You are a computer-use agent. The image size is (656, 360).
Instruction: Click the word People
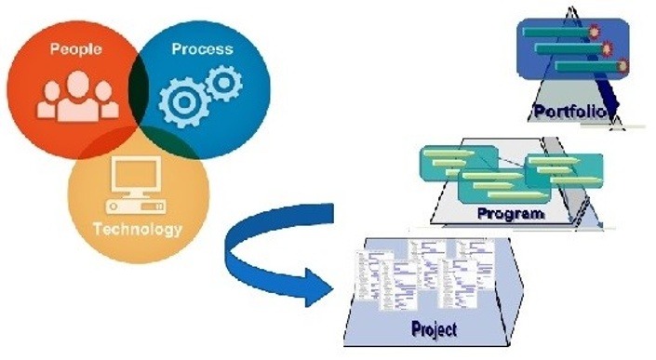click(76, 48)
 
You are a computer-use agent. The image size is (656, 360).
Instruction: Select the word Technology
click(139, 230)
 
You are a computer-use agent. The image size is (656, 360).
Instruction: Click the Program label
click(510, 213)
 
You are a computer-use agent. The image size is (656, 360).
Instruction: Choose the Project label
click(435, 327)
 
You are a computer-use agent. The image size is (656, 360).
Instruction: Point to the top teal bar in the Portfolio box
click(556, 33)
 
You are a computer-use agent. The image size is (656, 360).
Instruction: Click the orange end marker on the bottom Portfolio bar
click(620, 66)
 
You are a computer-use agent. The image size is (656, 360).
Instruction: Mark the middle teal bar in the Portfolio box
click(568, 48)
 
